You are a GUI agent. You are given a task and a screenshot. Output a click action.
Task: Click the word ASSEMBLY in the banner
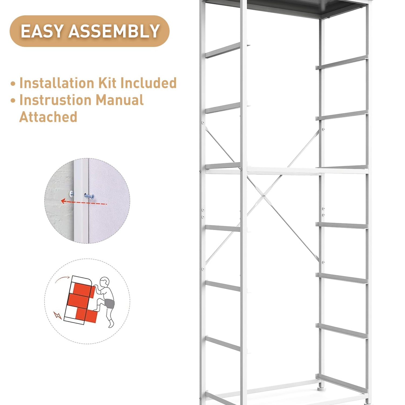(114, 31)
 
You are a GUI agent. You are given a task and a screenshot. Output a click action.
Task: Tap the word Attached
(48, 117)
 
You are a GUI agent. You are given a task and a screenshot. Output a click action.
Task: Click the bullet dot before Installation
(13, 84)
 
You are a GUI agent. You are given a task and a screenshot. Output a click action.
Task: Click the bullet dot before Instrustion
(13, 101)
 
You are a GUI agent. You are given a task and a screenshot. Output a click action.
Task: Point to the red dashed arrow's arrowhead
(63, 201)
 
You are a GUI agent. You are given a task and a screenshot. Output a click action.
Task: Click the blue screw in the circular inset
(89, 195)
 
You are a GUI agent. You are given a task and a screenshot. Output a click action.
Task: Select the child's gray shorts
(110, 303)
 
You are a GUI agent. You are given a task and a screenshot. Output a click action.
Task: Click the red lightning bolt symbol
(58, 315)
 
